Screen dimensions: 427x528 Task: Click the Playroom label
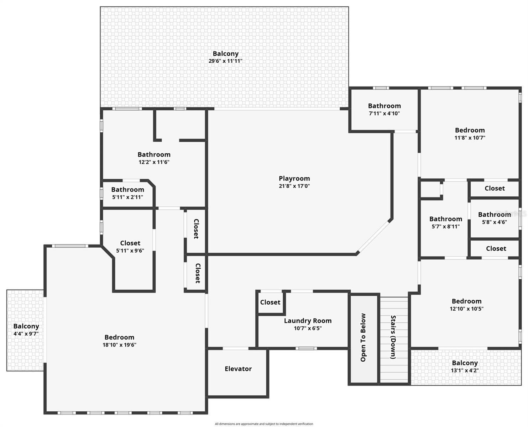coord(294,178)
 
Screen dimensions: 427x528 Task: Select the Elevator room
coord(238,369)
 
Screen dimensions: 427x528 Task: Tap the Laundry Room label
coord(308,321)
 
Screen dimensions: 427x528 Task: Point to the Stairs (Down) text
coord(393,337)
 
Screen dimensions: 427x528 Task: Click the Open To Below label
coord(363,337)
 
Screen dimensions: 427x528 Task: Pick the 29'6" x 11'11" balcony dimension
coord(225,61)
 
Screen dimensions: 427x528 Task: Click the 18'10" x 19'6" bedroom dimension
coord(119,344)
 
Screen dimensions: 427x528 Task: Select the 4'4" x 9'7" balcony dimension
coord(26,334)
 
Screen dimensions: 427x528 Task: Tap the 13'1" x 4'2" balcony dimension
coord(465,370)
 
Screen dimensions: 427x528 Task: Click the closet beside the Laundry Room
coord(270,302)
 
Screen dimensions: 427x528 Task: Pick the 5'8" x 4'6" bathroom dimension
coord(494,222)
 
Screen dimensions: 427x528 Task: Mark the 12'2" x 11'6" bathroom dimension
coord(154,162)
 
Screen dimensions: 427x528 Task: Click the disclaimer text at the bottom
coord(264,424)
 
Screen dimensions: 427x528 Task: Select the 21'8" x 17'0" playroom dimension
coord(294,186)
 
